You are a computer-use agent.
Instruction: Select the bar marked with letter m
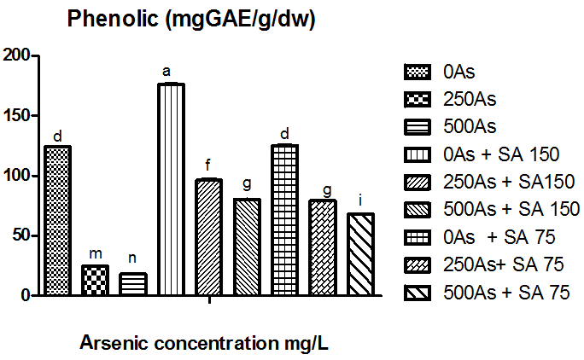point(96,281)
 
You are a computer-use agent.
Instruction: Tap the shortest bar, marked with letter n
point(133,284)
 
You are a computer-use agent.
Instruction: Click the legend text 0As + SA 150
point(501,154)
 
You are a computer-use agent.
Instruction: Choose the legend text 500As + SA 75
point(506,293)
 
